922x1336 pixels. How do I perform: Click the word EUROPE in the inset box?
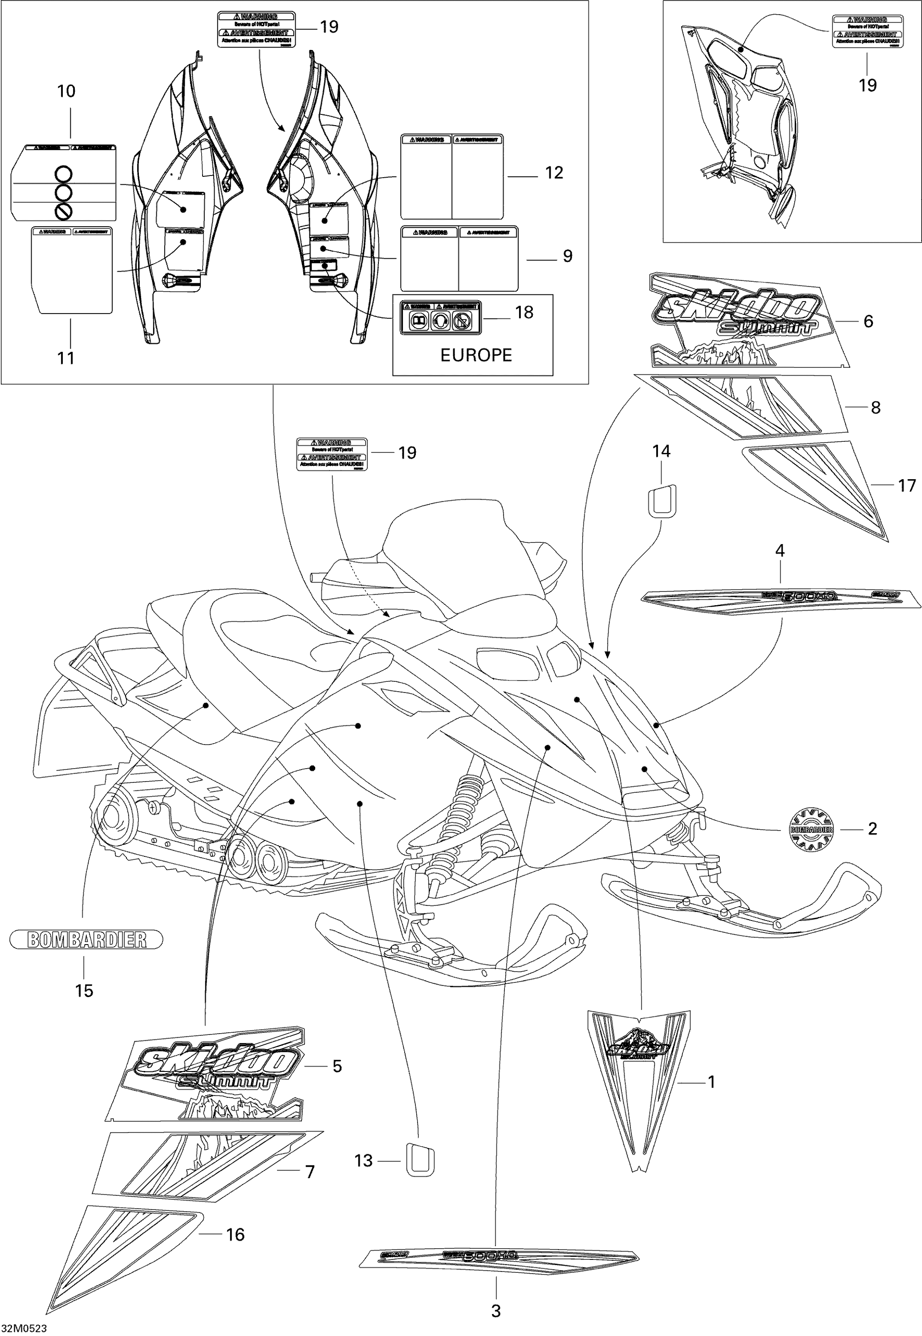[x=476, y=355]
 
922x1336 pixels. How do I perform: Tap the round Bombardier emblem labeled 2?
[x=811, y=830]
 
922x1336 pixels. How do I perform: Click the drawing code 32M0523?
[x=24, y=1328]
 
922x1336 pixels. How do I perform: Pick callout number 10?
[x=66, y=91]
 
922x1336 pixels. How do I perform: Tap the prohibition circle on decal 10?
[x=64, y=212]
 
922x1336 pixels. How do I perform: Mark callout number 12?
[x=554, y=173]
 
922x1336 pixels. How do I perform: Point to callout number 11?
[x=66, y=358]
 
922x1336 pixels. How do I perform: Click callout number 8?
[x=875, y=407]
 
